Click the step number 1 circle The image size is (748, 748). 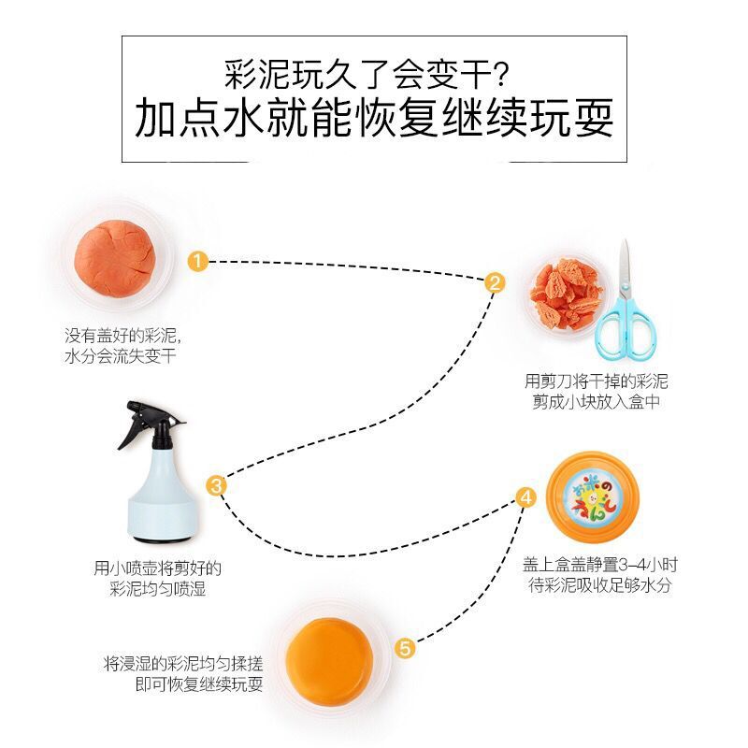pos(197,261)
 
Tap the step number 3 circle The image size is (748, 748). pos(216,484)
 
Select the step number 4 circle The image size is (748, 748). pos(526,497)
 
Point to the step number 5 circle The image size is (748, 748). pos(405,647)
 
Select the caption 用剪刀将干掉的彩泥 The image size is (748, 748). pos(597,381)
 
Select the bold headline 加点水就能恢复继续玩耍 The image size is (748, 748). pos(374,119)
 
